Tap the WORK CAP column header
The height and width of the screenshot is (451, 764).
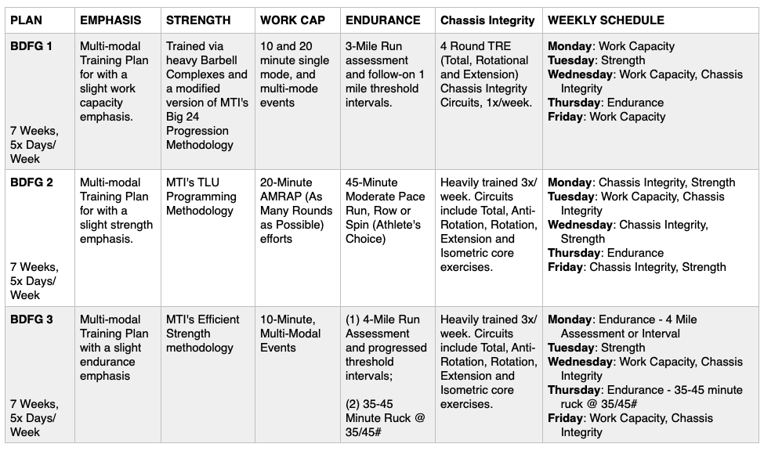[x=292, y=20]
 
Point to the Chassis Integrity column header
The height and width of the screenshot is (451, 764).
[x=487, y=20]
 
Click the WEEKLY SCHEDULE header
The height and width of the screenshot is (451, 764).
[x=606, y=20]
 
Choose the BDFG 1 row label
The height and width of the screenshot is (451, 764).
[x=31, y=46]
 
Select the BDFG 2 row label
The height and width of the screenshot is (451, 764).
[x=31, y=182]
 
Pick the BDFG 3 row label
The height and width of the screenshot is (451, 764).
[x=31, y=319]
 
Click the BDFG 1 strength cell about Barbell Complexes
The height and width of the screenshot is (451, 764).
[x=207, y=96]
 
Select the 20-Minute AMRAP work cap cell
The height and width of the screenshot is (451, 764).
[x=296, y=211]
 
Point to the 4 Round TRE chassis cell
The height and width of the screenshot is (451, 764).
[x=486, y=74]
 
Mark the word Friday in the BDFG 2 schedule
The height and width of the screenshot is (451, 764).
[x=566, y=267]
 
